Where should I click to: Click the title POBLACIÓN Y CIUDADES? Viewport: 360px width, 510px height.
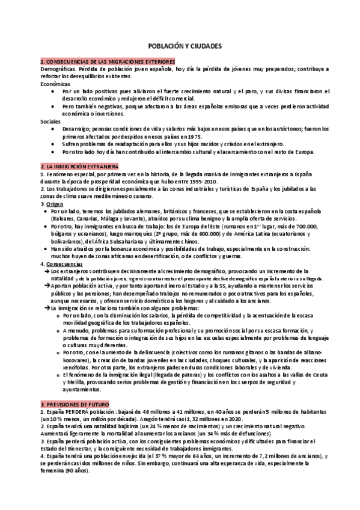point(180,45)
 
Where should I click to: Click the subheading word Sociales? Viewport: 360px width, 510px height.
point(50,121)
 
